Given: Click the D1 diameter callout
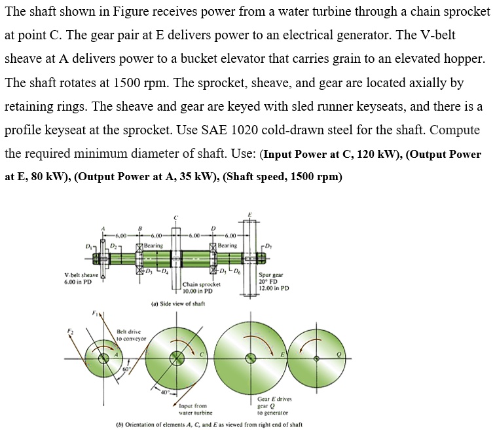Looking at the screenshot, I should tap(88, 245).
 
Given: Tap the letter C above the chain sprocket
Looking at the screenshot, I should tap(175, 217).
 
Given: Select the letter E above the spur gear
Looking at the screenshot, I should tap(249, 214).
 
